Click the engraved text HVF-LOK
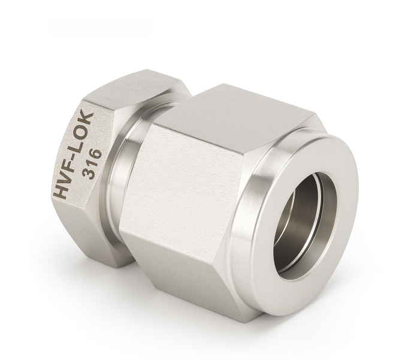point(74,156)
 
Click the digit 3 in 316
point(89,174)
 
